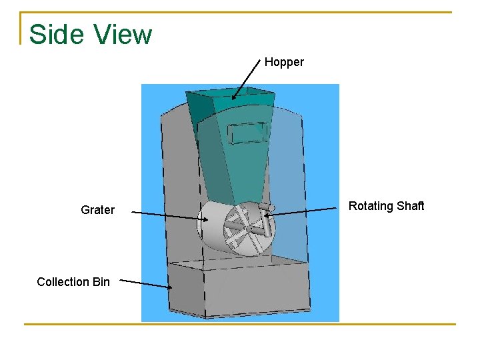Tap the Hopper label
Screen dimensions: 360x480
click(x=284, y=62)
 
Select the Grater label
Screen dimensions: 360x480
click(x=97, y=210)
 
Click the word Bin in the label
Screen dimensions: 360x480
click(x=101, y=282)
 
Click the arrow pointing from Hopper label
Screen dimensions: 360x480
click(x=246, y=79)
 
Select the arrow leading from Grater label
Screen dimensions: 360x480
click(x=170, y=215)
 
